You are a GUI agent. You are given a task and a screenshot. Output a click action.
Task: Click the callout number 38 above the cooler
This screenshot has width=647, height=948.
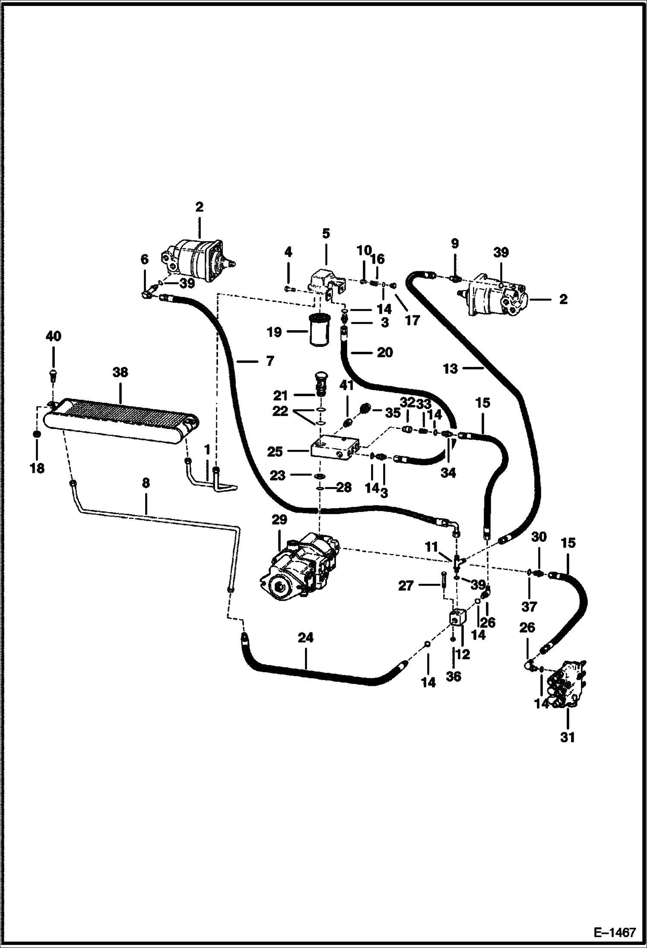pyautogui.click(x=120, y=372)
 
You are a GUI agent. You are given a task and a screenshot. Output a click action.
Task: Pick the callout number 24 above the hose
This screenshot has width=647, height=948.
pyautogui.click(x=305, y=637)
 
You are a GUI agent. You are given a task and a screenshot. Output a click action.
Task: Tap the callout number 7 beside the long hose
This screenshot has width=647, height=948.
pyautogui.click(x=270, y=361)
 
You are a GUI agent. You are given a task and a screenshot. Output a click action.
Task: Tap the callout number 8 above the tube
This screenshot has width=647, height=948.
pyautogui.click(x=146, y=483)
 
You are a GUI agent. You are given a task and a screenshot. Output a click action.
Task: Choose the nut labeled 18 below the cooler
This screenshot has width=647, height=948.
pyautogui.click(x=37, y=433)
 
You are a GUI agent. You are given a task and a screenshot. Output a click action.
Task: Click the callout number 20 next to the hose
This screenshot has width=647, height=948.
pyautogui.click(x=384, y=352)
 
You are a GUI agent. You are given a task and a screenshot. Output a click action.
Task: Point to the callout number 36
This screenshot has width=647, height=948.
pyautogui.click(x=454, y=676)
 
